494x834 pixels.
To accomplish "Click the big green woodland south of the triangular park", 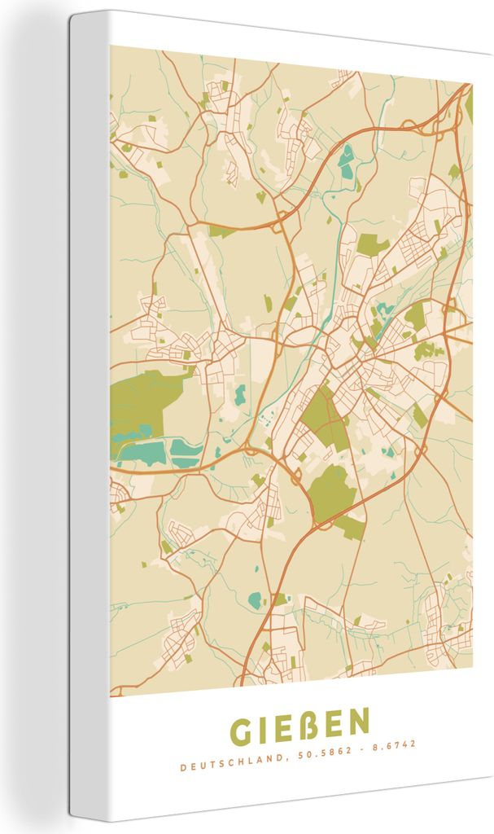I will point(332,489).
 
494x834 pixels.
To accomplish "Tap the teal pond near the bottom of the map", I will point(255,600).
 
